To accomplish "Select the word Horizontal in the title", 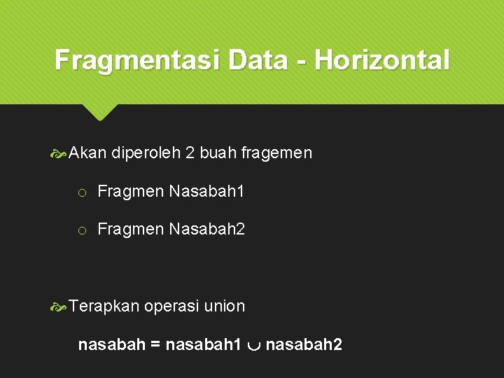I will pos(382,60).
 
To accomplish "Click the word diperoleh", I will pos(146,153).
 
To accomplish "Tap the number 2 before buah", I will pos(190,153).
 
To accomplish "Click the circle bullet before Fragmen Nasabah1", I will pos(82,192).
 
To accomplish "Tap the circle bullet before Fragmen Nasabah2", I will pos(82,230).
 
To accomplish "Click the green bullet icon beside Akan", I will pos(61,153).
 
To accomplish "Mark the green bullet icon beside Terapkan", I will pos(61,307).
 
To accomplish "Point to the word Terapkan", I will pos(105,307).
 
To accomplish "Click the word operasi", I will pos(171,307).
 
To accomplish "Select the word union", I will pos(225,306).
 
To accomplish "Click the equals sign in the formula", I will pos(155,345).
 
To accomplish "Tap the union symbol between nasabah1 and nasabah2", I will pos(254,346).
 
